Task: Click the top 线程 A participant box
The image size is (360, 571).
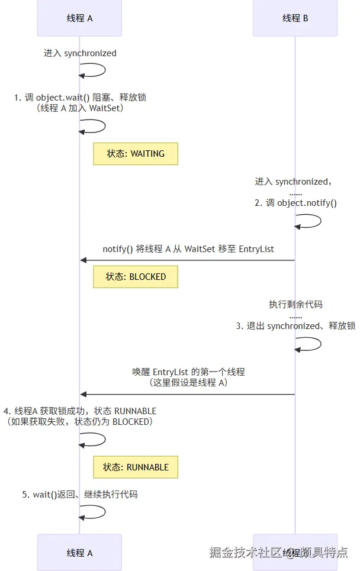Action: (79, 18)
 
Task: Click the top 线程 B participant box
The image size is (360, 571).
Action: (295, 18)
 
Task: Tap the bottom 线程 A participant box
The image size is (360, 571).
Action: (79, 553)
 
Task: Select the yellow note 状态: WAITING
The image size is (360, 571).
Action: (136, 154)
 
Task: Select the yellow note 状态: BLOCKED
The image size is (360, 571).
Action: (136, 277)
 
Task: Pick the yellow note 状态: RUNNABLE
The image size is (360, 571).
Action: (136, 467)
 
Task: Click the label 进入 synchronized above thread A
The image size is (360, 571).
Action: (80, 53)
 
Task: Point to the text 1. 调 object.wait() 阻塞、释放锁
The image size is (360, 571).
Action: (80, 98)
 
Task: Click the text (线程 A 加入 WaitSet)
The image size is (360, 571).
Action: (80, 108)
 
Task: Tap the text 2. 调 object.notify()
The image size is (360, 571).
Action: (295, 203)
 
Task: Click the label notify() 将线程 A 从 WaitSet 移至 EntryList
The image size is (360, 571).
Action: (188, 249)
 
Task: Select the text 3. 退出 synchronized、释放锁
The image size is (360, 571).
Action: (295, 326)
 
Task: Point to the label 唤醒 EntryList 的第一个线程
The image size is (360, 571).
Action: (188, 372)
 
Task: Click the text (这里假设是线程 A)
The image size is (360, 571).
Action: (188, 383)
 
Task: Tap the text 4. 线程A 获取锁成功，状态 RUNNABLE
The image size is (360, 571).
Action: (80, 411)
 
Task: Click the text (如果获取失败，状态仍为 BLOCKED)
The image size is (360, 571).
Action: (80, 421)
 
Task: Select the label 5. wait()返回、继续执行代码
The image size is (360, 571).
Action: (80, 494)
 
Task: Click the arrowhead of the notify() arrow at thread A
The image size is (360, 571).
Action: (83, 260)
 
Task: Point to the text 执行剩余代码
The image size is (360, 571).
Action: (295, 305)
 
